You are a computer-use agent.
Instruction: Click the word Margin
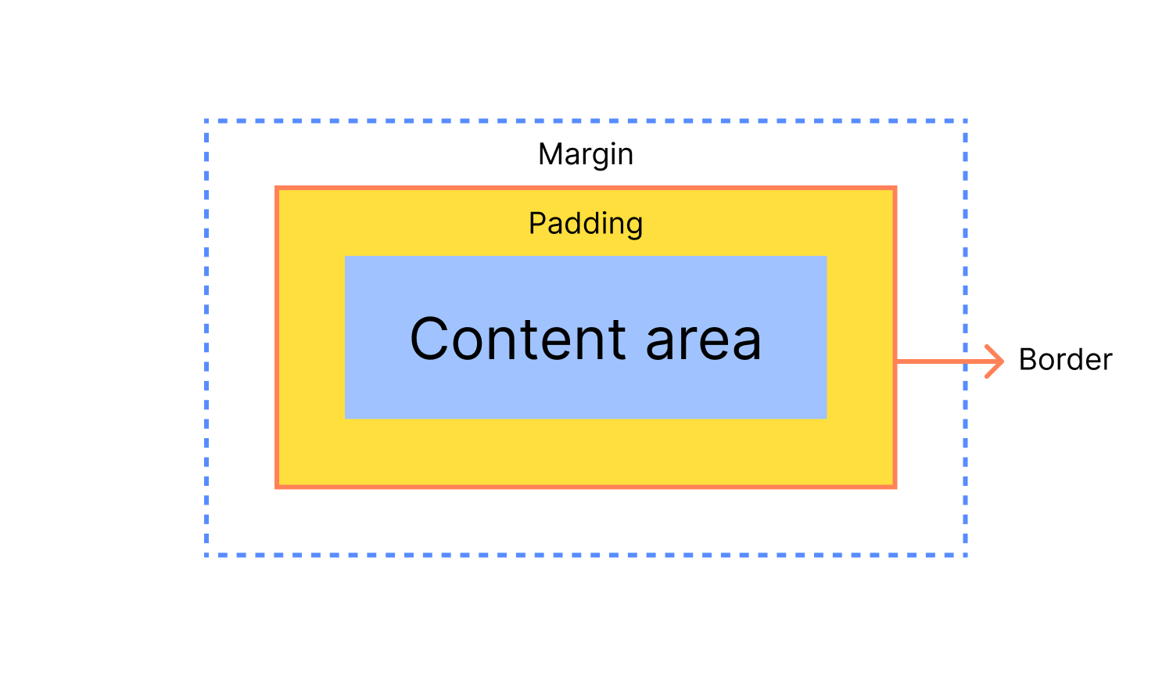586,156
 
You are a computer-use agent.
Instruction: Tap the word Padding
586,225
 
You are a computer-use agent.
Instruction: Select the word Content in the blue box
518,339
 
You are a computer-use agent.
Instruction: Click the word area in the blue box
703,342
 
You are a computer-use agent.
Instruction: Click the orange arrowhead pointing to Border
994,361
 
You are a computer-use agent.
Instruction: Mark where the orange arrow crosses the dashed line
965,361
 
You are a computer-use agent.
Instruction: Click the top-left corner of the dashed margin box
206,121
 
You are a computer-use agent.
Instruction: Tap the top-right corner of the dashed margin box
965,121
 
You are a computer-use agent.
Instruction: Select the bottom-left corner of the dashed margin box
206,555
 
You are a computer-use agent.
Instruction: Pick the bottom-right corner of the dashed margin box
965,555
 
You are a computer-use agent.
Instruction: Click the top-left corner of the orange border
277,188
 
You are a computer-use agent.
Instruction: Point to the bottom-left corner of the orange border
277,487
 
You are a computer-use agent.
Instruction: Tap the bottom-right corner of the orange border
895,487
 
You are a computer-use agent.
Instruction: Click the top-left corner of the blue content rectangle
345,257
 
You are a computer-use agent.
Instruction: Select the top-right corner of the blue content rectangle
827,257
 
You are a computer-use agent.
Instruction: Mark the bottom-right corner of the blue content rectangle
827,419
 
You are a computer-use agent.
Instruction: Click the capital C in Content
429,339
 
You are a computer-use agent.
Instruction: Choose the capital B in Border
1028,359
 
